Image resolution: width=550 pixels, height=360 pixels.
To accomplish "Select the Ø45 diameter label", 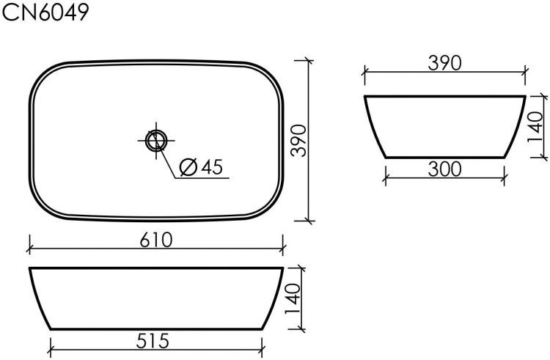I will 200,167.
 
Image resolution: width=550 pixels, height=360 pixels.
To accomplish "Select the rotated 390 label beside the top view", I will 298,139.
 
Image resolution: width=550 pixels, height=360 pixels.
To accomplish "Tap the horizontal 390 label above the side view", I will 444,63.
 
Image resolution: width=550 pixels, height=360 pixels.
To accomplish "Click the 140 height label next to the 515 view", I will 293,299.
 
